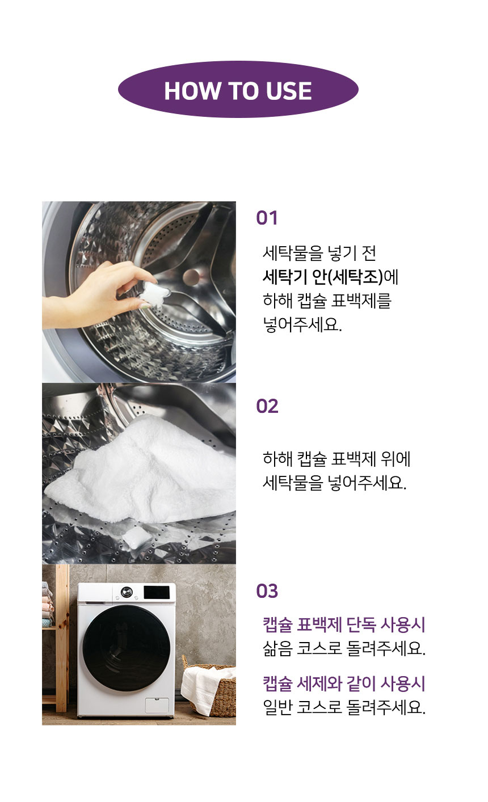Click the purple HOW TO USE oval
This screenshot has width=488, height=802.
238,90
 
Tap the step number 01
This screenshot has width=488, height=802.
267,218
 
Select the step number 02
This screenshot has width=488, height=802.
267,406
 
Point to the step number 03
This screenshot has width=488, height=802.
267,591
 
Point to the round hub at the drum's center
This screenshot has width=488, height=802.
191,277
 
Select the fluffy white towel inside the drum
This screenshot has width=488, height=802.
148,471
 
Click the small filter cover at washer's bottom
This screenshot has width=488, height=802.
156,705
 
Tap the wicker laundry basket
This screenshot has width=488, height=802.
216,695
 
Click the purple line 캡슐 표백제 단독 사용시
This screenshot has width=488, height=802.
344,625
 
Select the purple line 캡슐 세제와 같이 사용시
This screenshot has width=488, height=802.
344,683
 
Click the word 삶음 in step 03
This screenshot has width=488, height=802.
277,648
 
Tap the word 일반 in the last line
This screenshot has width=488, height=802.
277,707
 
